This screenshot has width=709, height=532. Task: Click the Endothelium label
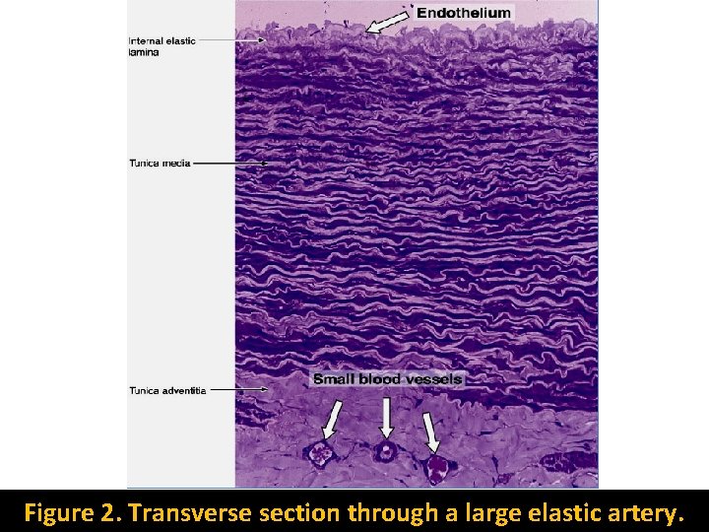[464, 13]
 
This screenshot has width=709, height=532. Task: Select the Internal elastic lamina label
[161, 46]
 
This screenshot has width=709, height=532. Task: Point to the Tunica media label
[160, 163]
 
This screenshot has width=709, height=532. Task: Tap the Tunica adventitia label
[167, 391]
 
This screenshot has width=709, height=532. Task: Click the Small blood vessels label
[387, 378]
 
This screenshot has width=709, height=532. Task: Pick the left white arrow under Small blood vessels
[332, 418]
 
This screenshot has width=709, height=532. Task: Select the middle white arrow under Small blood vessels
[386, 416]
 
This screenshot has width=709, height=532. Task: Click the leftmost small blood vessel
[320, 453]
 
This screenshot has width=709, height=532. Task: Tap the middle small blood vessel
[384, 452]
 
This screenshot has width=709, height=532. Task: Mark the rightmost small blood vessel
[436, 463]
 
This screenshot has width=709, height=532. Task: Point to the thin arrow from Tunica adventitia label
[238, 390]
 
